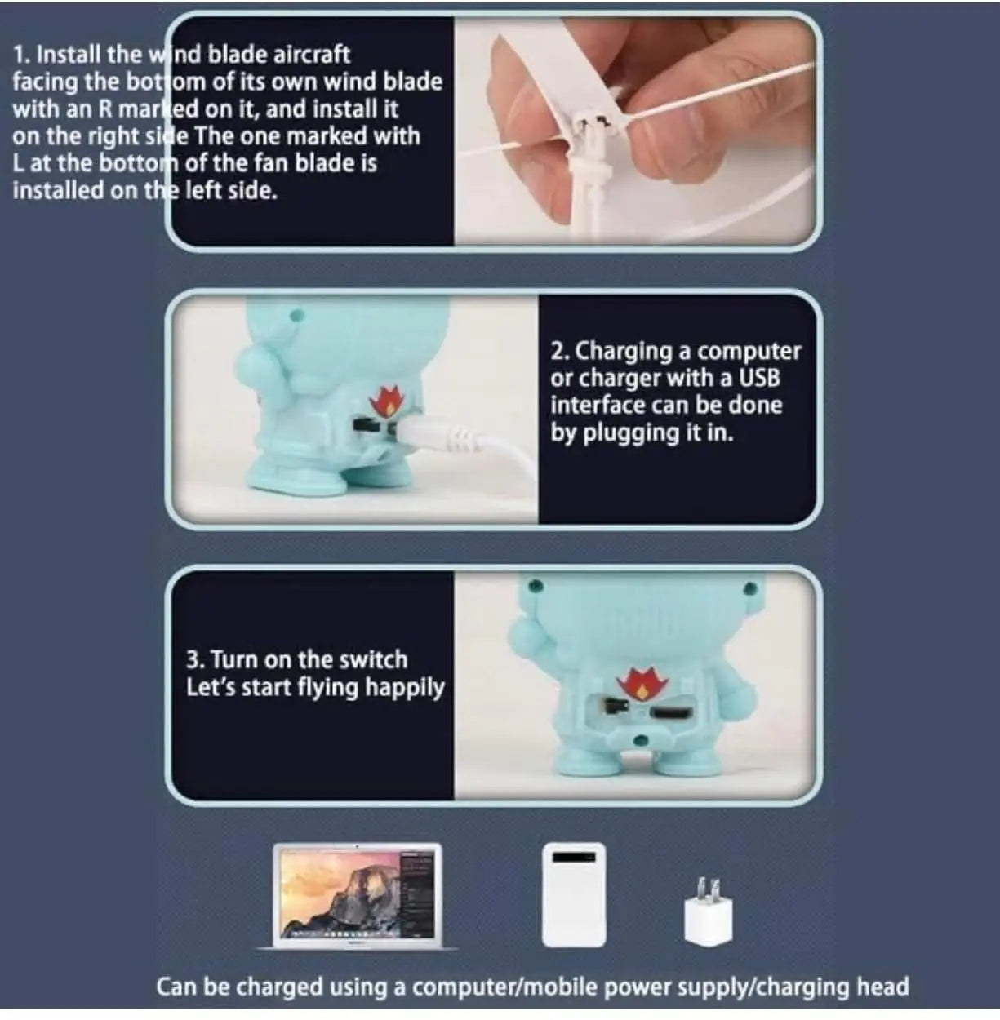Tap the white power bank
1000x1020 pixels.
click(574, 895)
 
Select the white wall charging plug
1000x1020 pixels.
click(708, 914)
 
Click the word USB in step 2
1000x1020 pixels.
click(759, 378)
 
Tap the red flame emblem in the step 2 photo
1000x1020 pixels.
click(386, 400)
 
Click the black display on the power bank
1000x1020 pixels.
click(574, 857)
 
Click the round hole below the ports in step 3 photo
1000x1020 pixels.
click(643, 740)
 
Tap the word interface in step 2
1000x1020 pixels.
click(597, 406)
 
